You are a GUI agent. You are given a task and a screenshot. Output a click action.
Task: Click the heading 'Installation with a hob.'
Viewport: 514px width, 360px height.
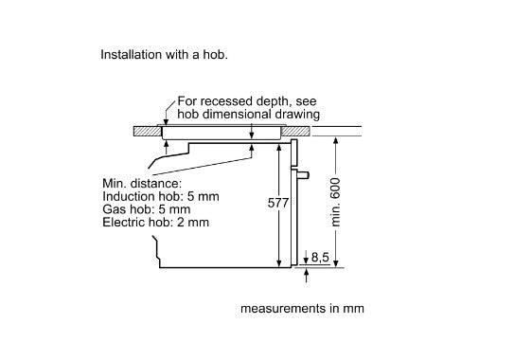pos(164,55)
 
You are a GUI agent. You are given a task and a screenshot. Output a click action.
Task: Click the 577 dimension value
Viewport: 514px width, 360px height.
pos(278,203)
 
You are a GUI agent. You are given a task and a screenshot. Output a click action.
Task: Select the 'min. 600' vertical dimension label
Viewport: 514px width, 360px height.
pos(335,202)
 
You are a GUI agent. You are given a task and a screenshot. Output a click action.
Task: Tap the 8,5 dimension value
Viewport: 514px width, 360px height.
pos(320,257)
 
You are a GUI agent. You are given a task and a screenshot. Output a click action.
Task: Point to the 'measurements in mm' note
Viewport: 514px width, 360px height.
pos(302,309)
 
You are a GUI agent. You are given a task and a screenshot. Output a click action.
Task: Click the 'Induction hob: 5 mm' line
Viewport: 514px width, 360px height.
pos(161,196)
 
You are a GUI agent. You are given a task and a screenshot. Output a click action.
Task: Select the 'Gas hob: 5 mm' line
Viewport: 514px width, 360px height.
pos(146,209)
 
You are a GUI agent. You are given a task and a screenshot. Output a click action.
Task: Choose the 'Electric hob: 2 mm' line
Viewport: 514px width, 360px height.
pos(155,223)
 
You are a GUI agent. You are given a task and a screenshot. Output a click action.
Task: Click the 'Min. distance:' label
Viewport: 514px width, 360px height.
pos(142,184)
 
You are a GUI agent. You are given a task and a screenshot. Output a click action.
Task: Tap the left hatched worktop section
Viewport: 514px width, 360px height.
pos(148,132)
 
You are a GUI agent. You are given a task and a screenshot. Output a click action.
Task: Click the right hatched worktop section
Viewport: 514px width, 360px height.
pos(295,132)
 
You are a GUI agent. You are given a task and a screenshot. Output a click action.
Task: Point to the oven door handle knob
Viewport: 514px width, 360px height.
pos(303,175)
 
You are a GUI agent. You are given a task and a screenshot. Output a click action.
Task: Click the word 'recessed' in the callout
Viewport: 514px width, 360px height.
pos(228,101)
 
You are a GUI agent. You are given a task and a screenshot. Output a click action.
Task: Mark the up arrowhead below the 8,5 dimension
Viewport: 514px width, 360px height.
pos(306,271)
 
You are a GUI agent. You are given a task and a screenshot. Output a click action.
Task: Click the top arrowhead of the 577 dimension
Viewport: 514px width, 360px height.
pos(279,148)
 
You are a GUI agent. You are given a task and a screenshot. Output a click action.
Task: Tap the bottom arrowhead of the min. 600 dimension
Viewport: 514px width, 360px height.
pos(336,263)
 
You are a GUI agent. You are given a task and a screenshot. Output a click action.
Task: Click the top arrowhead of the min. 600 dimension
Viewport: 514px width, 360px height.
pos(336,140)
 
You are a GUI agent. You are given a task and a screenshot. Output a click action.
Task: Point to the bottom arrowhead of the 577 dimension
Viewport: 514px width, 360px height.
pos(279,263)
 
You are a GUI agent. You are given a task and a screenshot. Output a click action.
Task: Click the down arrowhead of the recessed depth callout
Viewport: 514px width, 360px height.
pos(166,122)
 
